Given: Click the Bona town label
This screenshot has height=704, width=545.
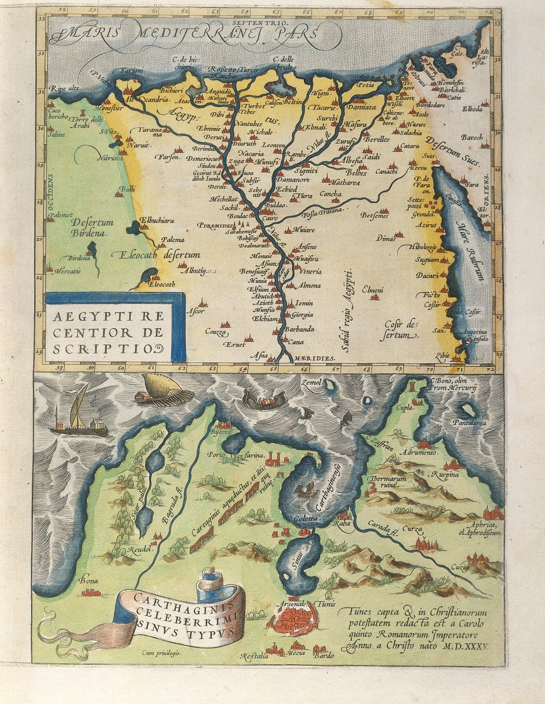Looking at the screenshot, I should pyautogui.click(x=88, y=581).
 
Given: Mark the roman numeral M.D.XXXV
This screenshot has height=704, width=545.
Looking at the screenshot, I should pyautogui.click(x=467, y=646).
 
